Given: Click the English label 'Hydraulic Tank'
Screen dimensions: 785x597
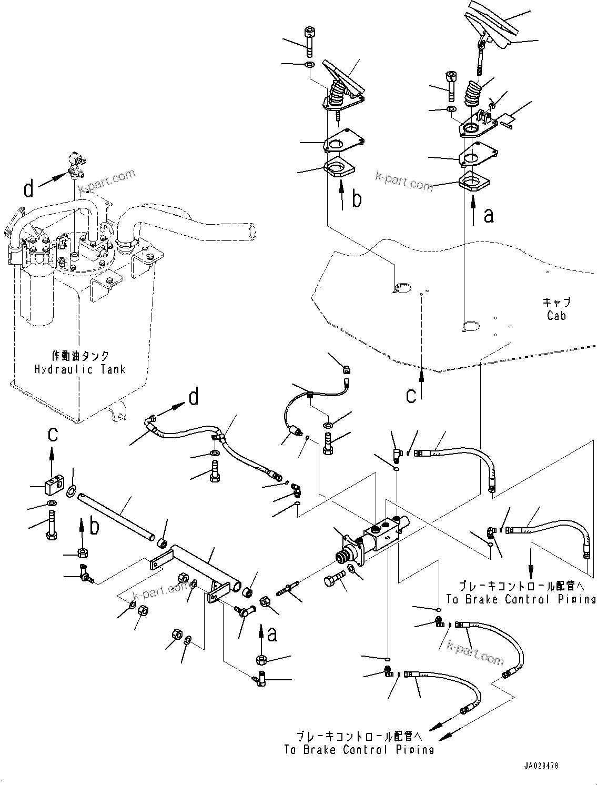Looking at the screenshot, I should pyautogui.click(x=80, y=369).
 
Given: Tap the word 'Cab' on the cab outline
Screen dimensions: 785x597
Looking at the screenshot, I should pyautogui.click(x=556, y=316).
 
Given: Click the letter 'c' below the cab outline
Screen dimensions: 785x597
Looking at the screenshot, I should pyautogui.click(x=411, y=395).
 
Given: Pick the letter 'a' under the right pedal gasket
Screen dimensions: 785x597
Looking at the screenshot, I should pyautogui.click(x=489, y=215).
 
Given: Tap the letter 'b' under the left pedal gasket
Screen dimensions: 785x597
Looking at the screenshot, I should pyautogui.click(x=357, y=200).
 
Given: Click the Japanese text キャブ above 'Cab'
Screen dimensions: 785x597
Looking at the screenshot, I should pyautogui.click(x=556, y=303).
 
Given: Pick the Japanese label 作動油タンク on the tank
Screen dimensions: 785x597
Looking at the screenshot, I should pyautogui.click(x=80, y=357).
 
